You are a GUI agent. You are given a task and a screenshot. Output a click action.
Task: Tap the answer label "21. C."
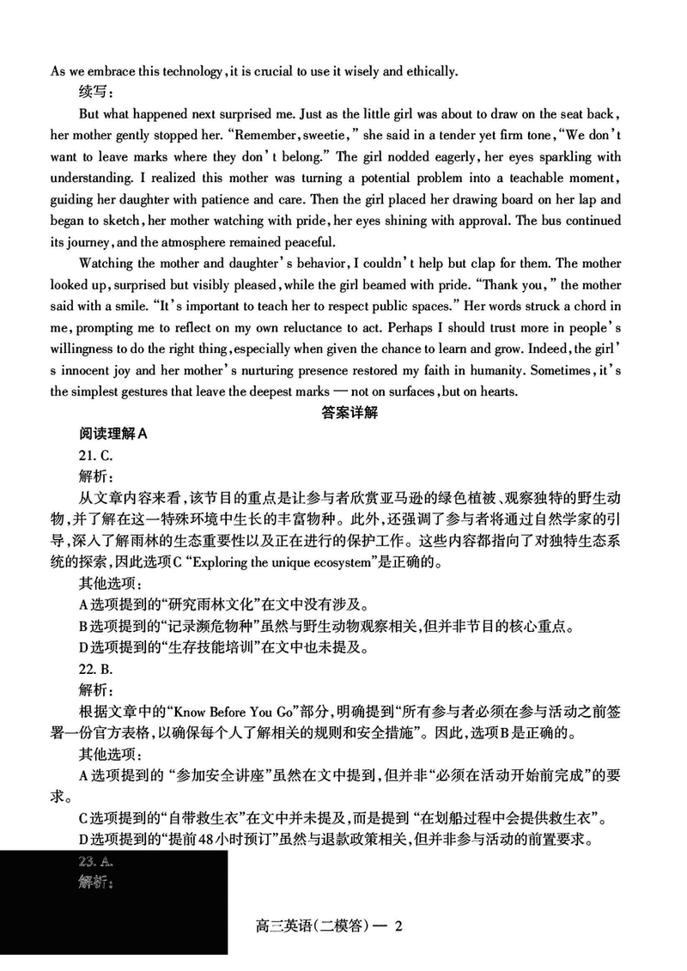(x=95, y=455)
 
